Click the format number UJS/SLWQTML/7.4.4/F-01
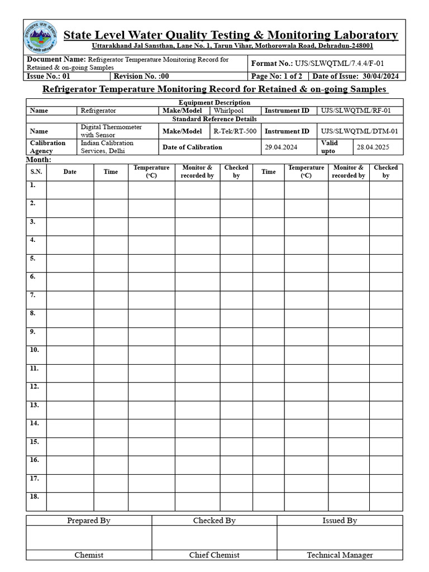pyautogui.click(x=339, y=63)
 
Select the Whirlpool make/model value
pyautogui.click(x=228, y=111)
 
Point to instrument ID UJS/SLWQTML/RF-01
pyautogui.click(x=355, y=111)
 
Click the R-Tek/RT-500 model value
pyautogui.click(x=235, y=131)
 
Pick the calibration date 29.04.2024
pyautogui.click(x=281, y=147)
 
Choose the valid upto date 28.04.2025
pyautogui.click(x=373, y=147)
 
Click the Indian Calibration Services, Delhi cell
pyautogui.click(x=107, y=147)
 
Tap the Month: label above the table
pyautogui.click(x=39, y=160)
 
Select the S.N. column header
pyautogui.click(x=36, y=171)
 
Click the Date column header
pyautogui.click(x=70, y=171)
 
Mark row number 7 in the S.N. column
pyautogui.click(x=33, y=294)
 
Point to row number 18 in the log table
pyautogui.click(x=34, y=497)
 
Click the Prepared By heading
pyautogui.click(x=89, y=520)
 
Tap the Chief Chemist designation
pyautogui.click(x=214, y=555)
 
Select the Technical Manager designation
pyautogui.click(x=340, y=555)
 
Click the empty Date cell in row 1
pyautogui.click(x=70, y=189)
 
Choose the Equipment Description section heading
pyautogui.click(x=214, y=102)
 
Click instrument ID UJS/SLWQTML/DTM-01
pyautogui.click(x=359, y=131)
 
